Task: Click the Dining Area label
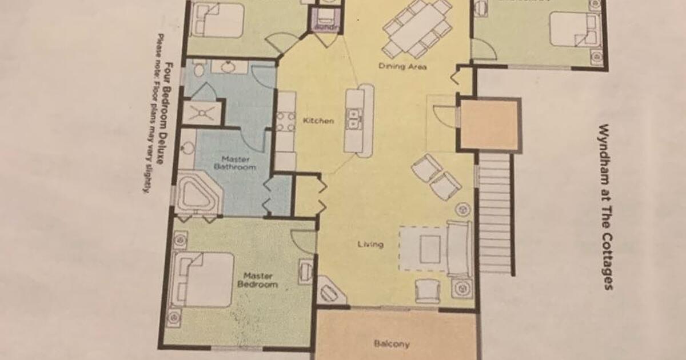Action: coord(402,66)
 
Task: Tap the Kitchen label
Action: coord(318,121)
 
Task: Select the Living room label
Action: coord(370,245)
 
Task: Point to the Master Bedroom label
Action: coord(257,280)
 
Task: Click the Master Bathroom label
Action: coord(239,162)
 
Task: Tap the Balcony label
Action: coord(392,343)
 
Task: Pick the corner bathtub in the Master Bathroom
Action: coord(197,194)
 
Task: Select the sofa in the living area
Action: coord(459,249)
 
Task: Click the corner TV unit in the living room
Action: coord(331,292)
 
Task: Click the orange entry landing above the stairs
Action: coord(489,124)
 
